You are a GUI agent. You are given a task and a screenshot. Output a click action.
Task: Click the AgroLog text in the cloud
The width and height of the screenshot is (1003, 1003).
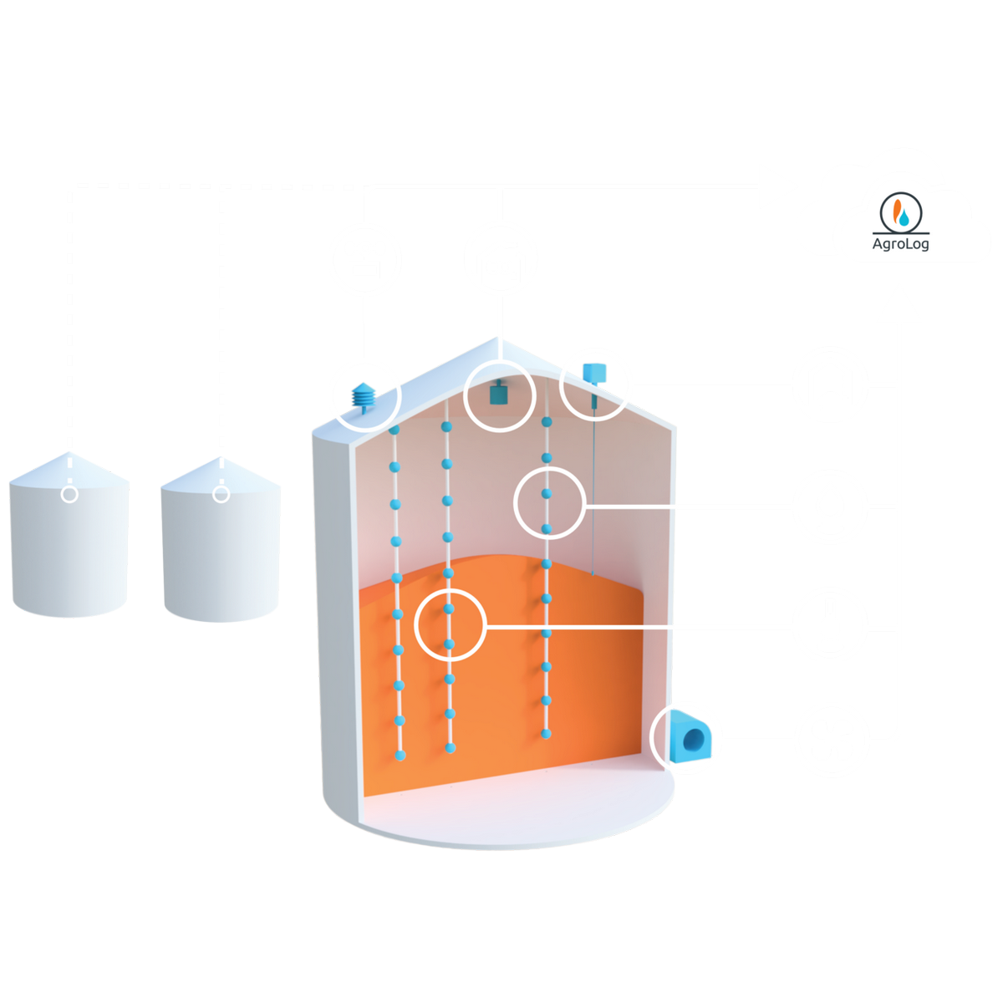(x=900, y=244)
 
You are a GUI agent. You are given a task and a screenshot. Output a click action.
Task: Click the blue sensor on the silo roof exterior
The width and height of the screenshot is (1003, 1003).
(x=365, y=395)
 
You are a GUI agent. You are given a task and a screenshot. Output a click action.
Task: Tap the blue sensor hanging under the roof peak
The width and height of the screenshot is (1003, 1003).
(x=500, y=391)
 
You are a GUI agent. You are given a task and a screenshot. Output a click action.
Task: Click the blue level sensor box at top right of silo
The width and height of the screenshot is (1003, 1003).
(x=594, y=372)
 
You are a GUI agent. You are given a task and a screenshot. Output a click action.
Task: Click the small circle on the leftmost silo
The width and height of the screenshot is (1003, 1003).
(x=70, y=494)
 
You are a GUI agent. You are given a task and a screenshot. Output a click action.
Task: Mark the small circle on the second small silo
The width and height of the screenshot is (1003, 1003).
(x=221, y=494)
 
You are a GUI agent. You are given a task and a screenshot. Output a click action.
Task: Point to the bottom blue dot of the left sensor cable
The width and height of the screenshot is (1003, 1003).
(x=400, y=755)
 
